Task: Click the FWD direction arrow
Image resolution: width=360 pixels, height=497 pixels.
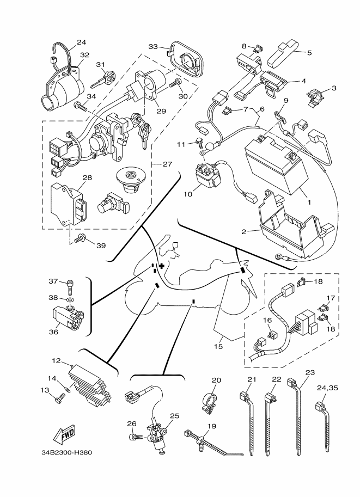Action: (63, 434)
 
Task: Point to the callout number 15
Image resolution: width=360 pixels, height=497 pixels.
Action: (219, 346)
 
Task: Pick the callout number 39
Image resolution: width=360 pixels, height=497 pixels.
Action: (101, 246)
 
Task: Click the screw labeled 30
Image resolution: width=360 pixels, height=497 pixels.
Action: (175, 84)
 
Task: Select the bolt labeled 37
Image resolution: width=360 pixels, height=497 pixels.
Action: (69, 285)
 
